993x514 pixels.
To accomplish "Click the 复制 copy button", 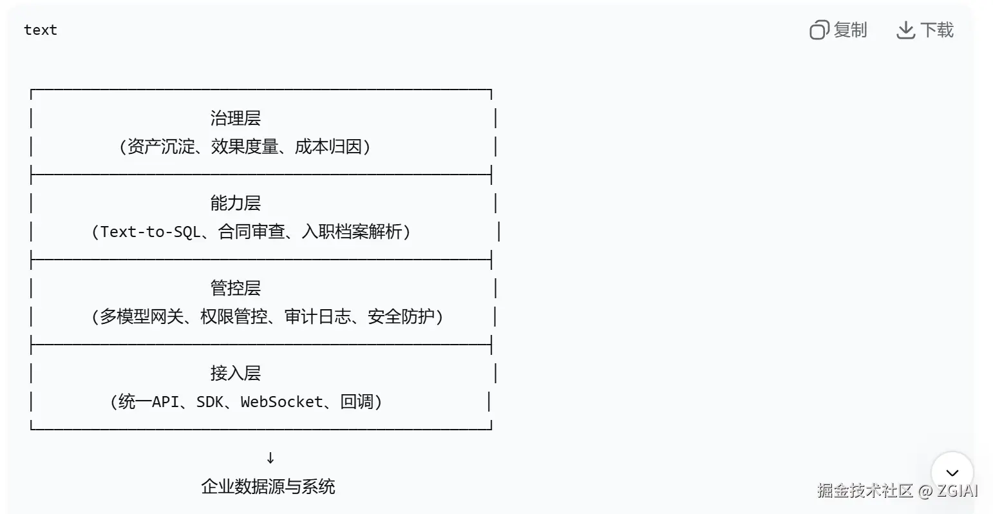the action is (838, 30).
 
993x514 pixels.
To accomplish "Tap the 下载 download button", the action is (925, 30).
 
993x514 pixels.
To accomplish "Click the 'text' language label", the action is (40, 30).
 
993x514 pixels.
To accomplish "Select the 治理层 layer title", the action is (235, 118).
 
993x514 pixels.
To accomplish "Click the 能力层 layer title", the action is (235, 203).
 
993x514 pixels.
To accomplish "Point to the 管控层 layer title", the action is (235, 288).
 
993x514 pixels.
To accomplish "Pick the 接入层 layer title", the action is (235, 373).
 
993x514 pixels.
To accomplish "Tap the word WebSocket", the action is (281, 402).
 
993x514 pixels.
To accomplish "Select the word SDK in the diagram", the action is (209, 402).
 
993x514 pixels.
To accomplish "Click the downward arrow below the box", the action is (270, 457).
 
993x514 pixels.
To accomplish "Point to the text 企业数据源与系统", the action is (268, 486).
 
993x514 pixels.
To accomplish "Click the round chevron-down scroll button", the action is (952, 473).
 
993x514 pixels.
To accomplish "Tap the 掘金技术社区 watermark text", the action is (865, 491).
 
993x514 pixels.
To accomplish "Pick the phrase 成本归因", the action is (328, 147).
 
